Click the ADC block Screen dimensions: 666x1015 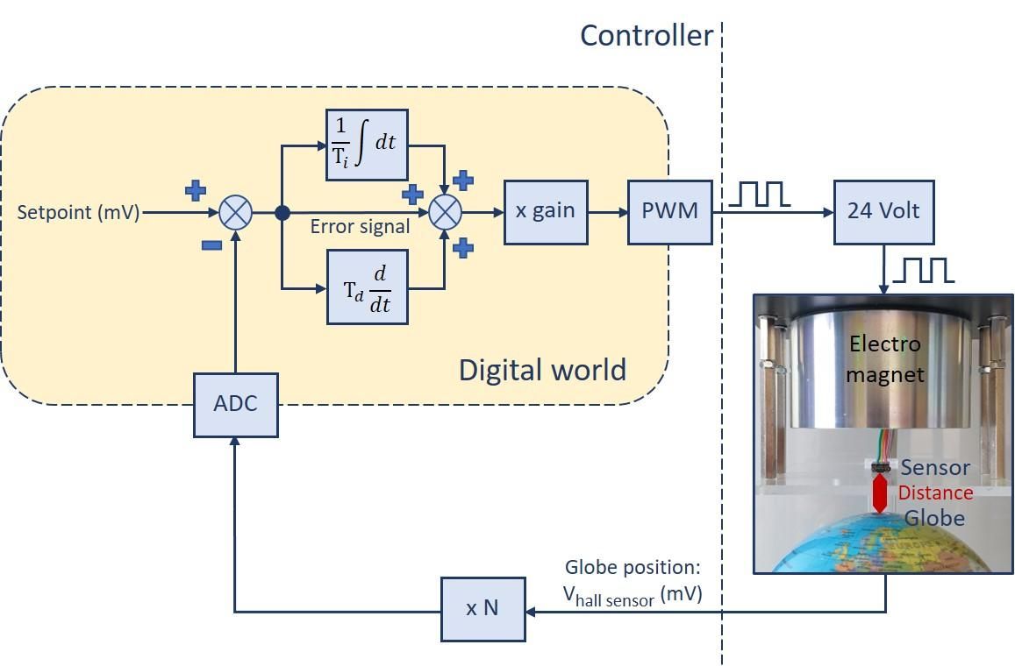click(x=235, y=405)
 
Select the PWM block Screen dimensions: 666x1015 click(x=669, y=211)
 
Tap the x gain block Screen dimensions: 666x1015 click(x=545, y=211)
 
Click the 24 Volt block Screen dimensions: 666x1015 click(x=883, y=211)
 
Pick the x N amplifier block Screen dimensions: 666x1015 click(x=482, y=608)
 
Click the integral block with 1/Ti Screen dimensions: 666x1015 click(x=367, y=145)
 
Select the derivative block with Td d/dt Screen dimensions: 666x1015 click(x=367, y=287)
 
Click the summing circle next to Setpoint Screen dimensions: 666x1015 click(x=235, y=212)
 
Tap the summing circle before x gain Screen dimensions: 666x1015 click(x=445, y=212)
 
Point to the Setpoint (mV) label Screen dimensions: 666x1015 click(x=79, y=212)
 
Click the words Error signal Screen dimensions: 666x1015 click(x=360, y=227)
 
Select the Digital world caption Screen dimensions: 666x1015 click(x=542, y=370)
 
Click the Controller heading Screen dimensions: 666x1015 click(x=647, y=36)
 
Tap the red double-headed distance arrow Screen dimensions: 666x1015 click(x=880, y=492)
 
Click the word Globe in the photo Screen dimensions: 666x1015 click(x=934, y=518)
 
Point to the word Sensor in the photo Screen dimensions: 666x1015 click(x=935, y=468)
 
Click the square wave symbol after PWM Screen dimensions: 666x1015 click(x=760, y=194)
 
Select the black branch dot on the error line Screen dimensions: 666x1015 click(x=282, y=212)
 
